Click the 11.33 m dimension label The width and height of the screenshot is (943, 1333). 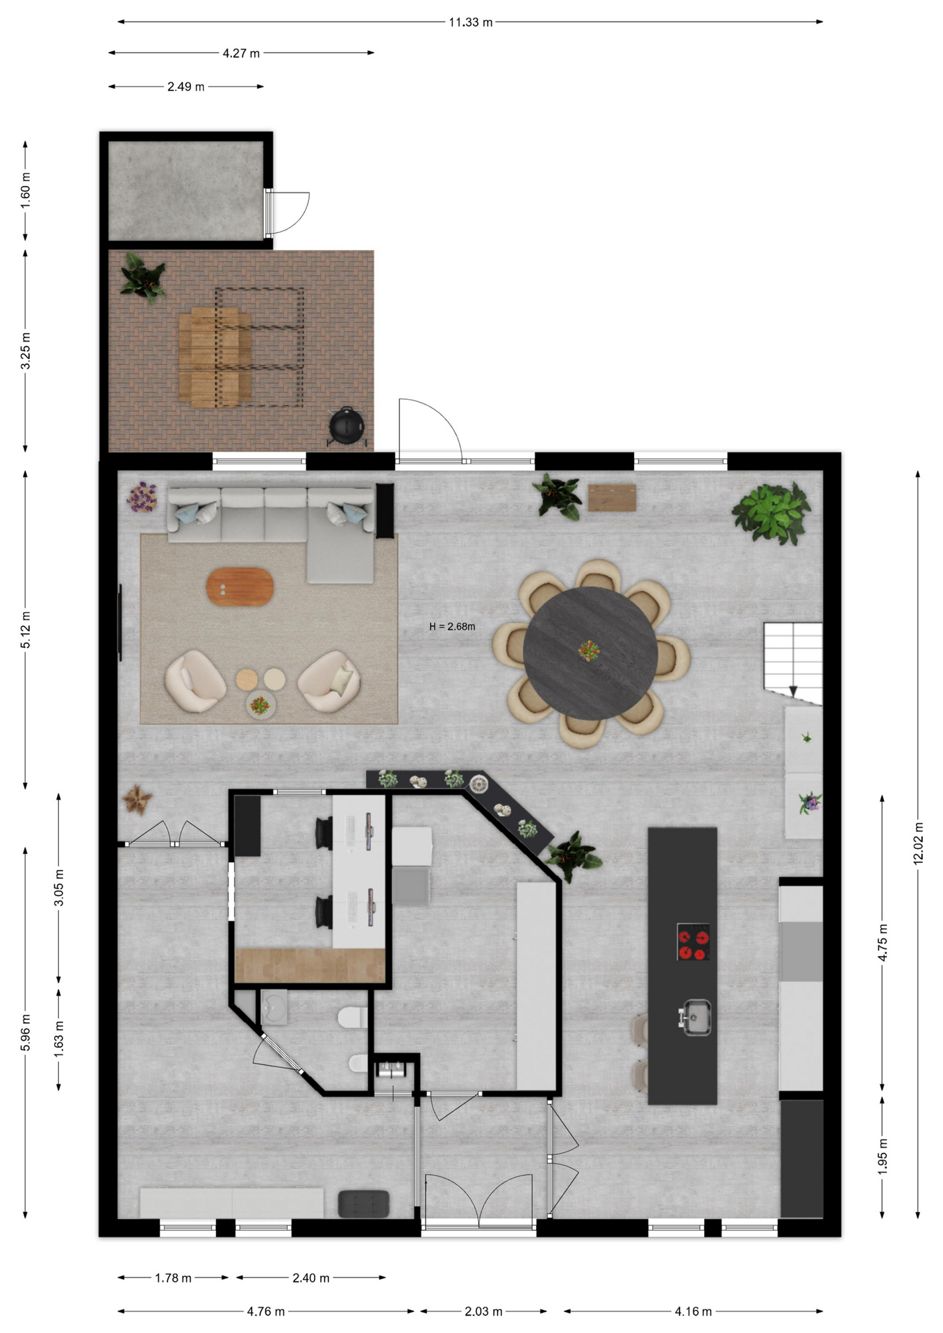coord(470,22)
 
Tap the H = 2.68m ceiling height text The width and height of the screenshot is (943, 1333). coord(452,626)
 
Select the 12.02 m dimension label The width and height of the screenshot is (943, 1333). coord(918,843)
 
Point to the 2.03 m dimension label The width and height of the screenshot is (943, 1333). coord(483,1311)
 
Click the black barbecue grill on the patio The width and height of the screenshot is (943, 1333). coord(346,426)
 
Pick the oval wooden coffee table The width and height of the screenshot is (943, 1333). coord(240,587)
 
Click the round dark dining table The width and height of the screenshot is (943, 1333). coord(590,653)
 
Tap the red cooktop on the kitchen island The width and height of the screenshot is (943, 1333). coord(694,941)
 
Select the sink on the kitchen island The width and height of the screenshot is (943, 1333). coord(694,1017)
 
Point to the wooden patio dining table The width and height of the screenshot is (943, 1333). coord(215,357)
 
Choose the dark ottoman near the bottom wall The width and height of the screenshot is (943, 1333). coord(363,1204)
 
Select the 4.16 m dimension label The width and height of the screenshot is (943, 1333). coord(693,1311)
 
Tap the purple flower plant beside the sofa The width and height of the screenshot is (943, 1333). coord(142,497)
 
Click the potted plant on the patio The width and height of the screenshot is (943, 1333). coord(144,277)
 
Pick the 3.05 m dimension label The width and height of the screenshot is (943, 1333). coord(59,887)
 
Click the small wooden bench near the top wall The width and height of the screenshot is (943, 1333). coord(612,498)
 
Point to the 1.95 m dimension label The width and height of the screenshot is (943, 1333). coord(883,1157)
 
